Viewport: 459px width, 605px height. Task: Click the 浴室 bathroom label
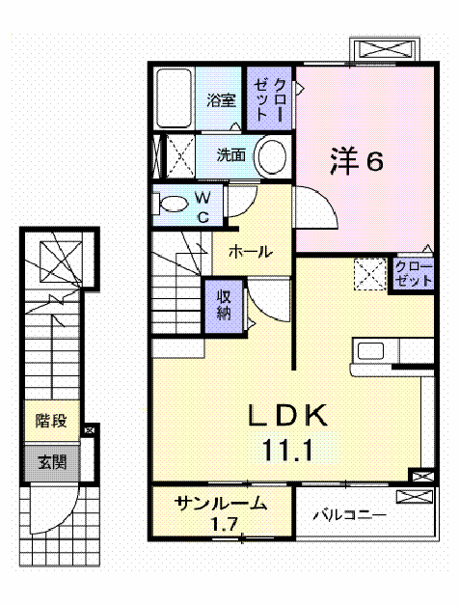(221, 99)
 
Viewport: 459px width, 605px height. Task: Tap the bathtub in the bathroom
(174, 96)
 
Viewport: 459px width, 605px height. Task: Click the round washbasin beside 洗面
(274, 154)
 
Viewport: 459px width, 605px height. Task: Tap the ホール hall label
(250, 252)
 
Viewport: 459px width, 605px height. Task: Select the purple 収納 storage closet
(223, 305)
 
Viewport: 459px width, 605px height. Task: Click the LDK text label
(290, 416)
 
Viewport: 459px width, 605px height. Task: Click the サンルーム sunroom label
(220, 504)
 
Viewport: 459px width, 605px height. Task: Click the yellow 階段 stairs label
(51, 421)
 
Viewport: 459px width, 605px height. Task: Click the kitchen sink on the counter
(370, 350)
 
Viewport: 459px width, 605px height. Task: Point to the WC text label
(203, 206)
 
